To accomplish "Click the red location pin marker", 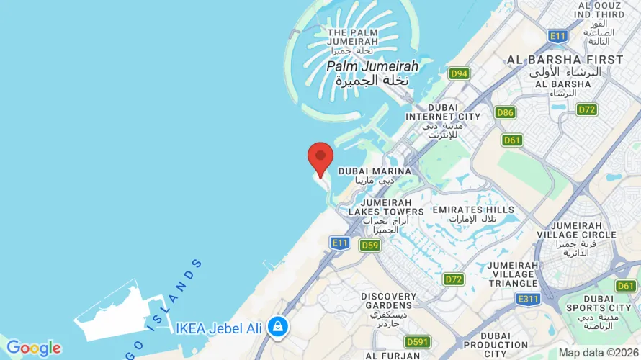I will point(320,157).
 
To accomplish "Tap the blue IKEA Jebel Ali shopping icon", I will point(277,328).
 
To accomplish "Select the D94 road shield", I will point(459,73).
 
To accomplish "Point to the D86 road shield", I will point(505,112).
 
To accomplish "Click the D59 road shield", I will point(370,245).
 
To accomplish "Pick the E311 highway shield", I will point(528,300).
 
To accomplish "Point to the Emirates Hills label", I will point(473,214).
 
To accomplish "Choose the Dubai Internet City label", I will point(443,120).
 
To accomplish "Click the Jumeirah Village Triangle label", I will point(523,274).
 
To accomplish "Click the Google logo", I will point(33,348).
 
